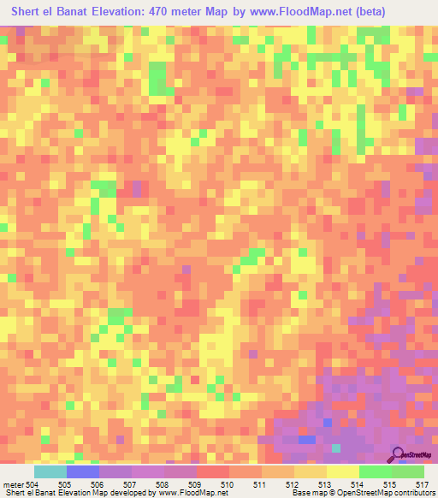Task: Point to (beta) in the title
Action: click(343, 12)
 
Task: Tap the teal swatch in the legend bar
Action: click(50, 471)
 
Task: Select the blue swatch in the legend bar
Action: click(83, 471)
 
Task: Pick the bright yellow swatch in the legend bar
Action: click(342, 471)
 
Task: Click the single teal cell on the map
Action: click(336, 448)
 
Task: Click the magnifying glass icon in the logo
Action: click(397, 454)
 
